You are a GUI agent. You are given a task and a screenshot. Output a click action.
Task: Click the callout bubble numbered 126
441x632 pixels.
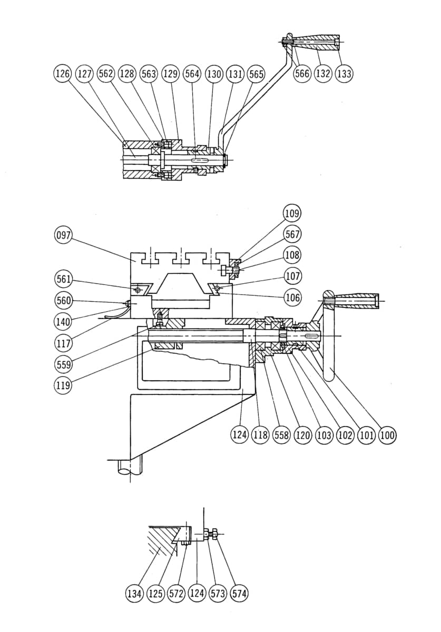click(x=62, y=74)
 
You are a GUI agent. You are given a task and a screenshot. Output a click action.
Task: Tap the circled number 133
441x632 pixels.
click(x=344, y=74)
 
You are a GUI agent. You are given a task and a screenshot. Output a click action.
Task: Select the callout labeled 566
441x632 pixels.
click(x=301, y=74)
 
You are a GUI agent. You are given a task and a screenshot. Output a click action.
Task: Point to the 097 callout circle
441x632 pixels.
click(x=63, y=235)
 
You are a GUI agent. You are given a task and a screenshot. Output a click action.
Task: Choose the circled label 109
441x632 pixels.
click(x=292, y=214)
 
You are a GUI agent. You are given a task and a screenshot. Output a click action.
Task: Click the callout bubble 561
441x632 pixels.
click(x=63, y=279)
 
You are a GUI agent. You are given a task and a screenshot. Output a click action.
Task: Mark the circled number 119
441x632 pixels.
click(x=63, y=385)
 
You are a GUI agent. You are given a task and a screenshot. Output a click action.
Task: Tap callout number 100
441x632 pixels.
click(x=387, y=435)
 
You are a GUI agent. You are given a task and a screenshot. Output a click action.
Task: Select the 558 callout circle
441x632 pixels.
click(x=281, y=435)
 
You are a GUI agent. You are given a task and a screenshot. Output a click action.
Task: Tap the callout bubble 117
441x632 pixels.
click(x=63, y=343)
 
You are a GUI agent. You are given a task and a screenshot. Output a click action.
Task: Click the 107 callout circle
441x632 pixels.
click(x=292, y=275)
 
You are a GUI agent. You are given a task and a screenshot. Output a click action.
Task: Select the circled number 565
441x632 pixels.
click(x=256, y=74)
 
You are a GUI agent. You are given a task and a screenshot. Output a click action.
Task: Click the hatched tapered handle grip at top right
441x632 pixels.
click(x=316, y=42)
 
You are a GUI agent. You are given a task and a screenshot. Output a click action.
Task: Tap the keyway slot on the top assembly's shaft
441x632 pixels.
click(x=199, y=160)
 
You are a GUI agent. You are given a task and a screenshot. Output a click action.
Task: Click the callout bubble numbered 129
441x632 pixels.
click(x=170, y=74)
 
